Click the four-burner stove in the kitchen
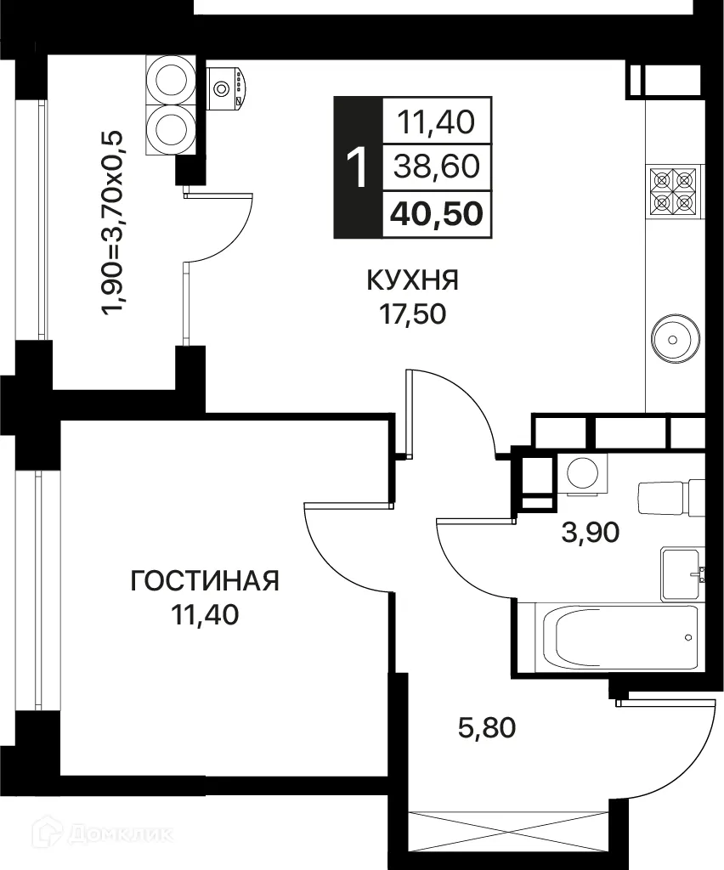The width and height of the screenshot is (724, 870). pyautogui.click(x=674, y=191)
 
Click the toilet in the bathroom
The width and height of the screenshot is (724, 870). pyautogui.click(x=666, y=498)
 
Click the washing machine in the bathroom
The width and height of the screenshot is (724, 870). pyautogui.click(x=583, y=473)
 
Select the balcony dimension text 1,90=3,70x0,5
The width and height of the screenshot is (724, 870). pyautogui.click(x=112, y=223)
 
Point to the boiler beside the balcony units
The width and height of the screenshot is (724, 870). pyautogui.click(x=228, y=86)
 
